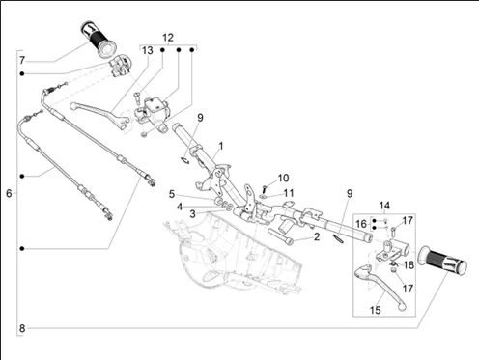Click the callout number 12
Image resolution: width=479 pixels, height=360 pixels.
[x=168, y=38]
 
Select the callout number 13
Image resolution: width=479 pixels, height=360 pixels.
[x=147, y=50]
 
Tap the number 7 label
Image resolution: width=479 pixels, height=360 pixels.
[x=22, y=60]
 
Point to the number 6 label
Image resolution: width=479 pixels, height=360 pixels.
[x=9, y=193]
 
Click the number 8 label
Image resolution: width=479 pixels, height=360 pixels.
[x=22, y=328]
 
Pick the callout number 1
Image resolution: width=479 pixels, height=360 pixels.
[x=221, y=146]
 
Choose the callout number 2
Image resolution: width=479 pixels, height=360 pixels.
[x=317, y=237]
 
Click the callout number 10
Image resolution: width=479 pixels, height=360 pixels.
[x=283, y=178]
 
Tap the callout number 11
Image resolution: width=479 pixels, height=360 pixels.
[x=289, y=193]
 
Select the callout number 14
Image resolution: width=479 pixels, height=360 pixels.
[x=384, y=206]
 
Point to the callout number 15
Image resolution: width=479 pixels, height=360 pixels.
[x=376, y=310]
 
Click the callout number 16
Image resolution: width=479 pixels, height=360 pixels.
[x=361, y=224]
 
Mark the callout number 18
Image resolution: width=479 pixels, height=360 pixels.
[x=409, y=265]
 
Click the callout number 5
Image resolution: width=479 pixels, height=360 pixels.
[x=172, y=194]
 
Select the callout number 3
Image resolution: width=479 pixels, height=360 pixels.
[x=192, y=214]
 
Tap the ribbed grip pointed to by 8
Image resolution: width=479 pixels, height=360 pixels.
[x=441, y=261]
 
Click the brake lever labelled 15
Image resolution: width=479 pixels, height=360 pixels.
[x=380, y=286]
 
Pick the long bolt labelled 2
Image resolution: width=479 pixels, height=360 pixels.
[x=280, y=236]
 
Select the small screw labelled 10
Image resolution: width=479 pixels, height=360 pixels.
[x=265, y=188]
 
